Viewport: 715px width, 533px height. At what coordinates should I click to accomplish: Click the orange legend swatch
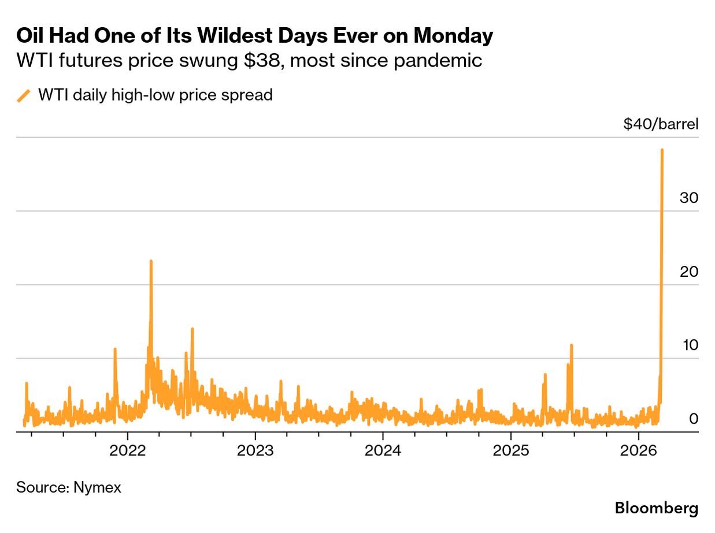(x=24, y=95)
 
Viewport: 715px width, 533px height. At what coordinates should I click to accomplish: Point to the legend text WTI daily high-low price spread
(x=155, y=95)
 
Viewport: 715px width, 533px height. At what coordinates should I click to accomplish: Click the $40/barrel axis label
(x=661, y=124)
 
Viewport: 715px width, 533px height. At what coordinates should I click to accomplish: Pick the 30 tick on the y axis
(x=689, y=198)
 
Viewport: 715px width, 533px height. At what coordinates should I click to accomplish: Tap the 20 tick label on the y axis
(x=689, y=271)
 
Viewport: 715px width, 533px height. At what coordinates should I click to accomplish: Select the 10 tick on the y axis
(x=689, y=345)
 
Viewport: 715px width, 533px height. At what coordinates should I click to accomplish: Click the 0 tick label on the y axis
(x=694, y=419)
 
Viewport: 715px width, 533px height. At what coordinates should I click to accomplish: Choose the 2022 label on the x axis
(x=128, y=450)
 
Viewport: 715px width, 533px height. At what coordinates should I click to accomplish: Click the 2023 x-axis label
(x=255, y=450)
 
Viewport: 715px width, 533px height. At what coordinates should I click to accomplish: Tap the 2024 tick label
(x=383, y=450)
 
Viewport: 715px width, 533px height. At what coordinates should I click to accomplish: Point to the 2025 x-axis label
(x=510, y=450)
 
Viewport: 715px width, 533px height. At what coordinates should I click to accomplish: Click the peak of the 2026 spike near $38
(x=661, y=150)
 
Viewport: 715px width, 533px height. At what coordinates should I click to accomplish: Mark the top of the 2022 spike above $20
(x=151, y=261)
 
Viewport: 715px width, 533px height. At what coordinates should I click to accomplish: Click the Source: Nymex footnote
(x=69, y=487)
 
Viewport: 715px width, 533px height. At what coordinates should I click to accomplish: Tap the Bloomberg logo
(x=656, y=509)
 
